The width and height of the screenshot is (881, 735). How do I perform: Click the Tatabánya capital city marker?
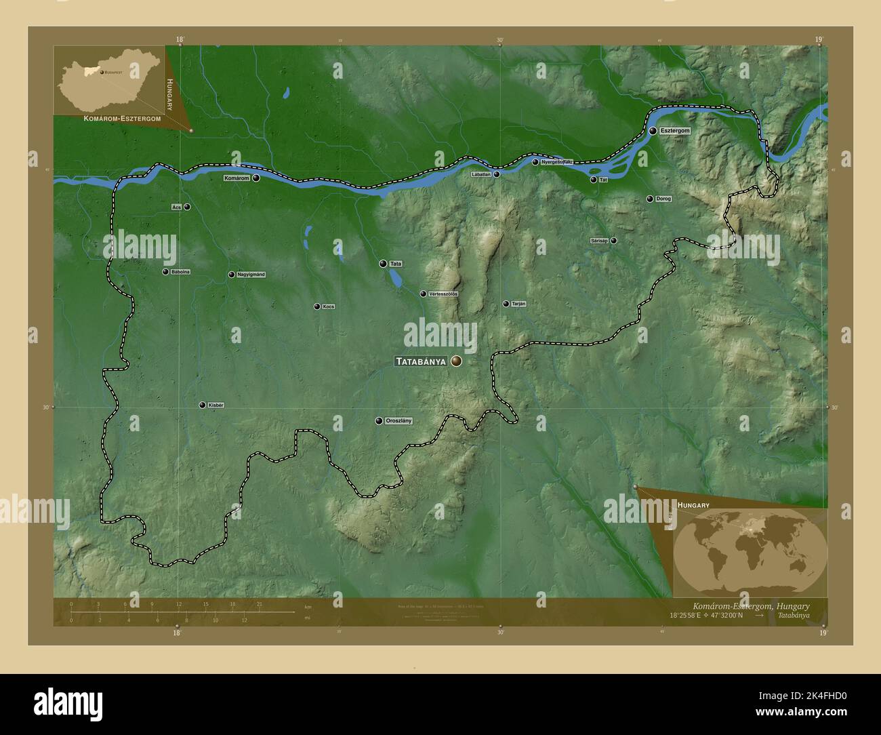click(457, 362)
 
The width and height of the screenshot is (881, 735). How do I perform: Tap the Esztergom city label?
click(675, 130)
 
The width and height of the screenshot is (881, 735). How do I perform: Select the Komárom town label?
click(237, 178)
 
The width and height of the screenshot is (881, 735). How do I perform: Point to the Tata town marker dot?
click(383, 264)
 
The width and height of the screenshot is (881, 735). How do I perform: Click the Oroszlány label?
click(398, 421)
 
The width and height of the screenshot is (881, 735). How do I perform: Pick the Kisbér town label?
click(216, 405)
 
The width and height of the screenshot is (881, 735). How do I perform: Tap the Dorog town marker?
click(650, 199)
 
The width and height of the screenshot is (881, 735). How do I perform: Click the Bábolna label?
click(181, 272)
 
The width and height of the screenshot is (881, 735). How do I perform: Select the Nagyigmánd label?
click(251, 275)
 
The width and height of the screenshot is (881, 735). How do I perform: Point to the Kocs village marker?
click(316, 306)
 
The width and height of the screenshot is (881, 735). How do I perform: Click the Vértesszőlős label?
click(444, 294)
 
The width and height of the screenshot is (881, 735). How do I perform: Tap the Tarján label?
click(518, 304)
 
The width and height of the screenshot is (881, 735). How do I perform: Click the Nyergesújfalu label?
click(557, 162)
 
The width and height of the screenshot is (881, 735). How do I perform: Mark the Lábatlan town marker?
click(497, 174)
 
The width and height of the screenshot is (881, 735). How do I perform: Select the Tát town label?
click(603, 180)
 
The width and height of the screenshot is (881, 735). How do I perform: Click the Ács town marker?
click(187, 207)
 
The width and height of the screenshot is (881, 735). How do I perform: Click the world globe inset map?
click(750, 551)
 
